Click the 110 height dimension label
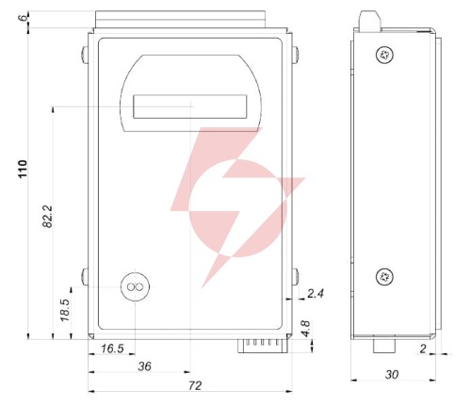23,169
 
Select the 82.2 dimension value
48,217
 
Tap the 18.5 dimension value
65,310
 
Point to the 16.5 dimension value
112,349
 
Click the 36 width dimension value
145,366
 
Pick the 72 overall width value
195,385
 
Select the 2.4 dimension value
316,294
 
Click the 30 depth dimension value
392,374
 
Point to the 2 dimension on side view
423,349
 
